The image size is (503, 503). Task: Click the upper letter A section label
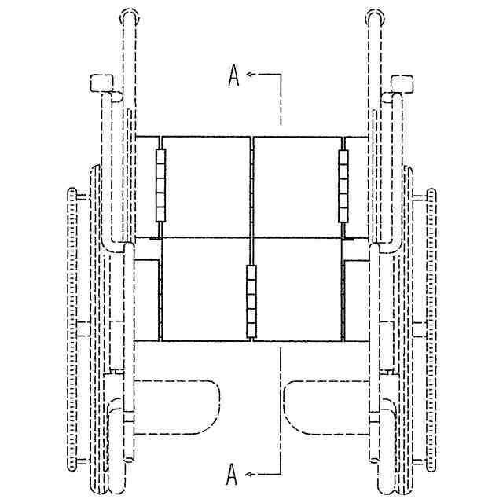click(233, 75)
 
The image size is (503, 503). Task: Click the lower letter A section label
click(232, 473)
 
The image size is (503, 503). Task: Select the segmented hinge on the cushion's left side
click(161, 183)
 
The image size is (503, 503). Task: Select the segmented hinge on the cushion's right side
click(343, 183)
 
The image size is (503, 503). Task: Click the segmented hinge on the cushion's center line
click(251, 302)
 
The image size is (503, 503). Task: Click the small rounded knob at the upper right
click(403, 82)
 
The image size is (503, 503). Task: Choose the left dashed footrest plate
click(178, 406)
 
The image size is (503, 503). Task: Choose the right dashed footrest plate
click(326, 406)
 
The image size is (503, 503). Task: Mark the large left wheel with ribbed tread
click(75, 330)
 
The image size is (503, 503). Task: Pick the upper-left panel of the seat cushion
click(207, 185)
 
